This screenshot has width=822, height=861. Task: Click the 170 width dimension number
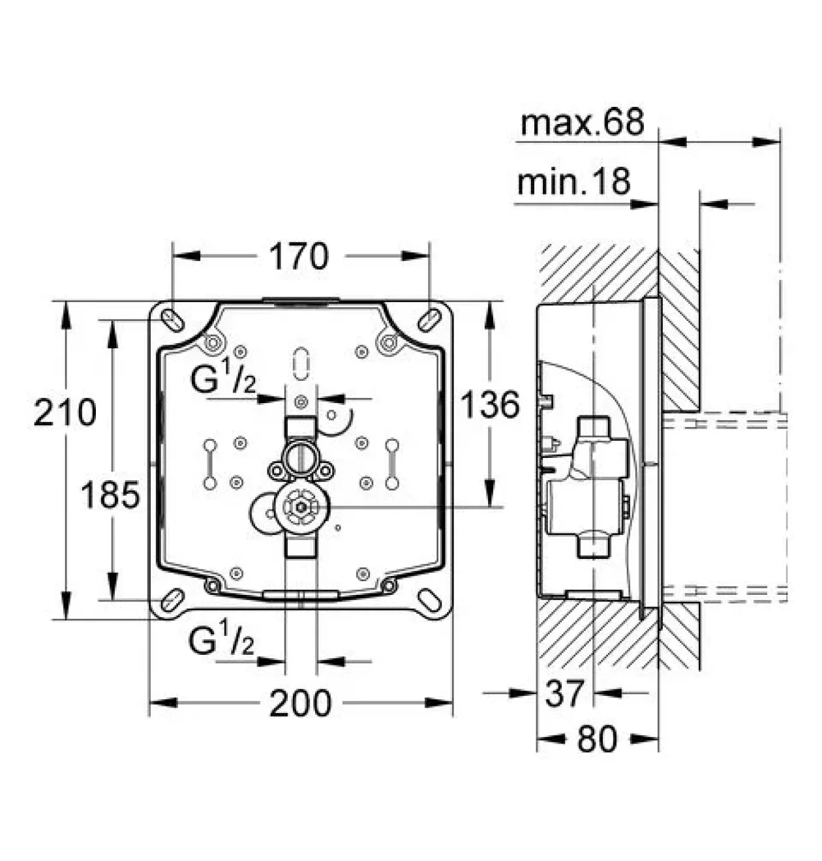(x=299, y=256)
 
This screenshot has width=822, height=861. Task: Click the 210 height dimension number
(x=65, y=412)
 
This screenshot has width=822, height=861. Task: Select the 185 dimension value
(x=110, y=495)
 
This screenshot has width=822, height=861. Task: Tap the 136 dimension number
(x=491, y=404)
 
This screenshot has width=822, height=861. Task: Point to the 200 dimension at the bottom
(x=301, y=703)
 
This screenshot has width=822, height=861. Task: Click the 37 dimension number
(x=564, y=693)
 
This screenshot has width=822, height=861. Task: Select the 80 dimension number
(x=597, y=739)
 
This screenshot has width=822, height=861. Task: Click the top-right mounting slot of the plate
(x=429, y=320)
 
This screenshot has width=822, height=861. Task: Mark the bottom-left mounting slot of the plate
(x=173, y=601)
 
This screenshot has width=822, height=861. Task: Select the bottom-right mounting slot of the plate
(x=429, y=601)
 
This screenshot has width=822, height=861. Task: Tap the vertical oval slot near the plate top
(x=301, y=364)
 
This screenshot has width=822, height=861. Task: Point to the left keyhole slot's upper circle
(x=210, y=446)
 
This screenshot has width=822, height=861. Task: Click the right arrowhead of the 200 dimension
(x=439, y=703)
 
